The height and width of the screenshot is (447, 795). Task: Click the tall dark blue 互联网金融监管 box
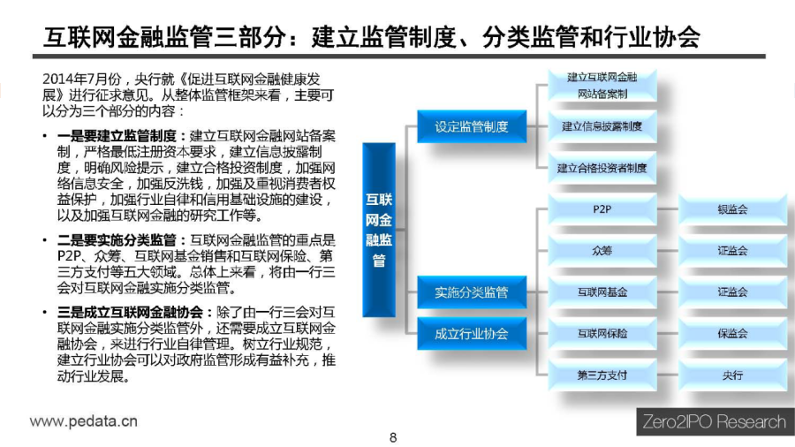coord(379,230)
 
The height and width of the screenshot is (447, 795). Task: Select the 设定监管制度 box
coord(472,126)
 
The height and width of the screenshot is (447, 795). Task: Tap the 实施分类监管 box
coord(472,292)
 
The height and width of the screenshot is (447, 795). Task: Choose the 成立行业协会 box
coord(472,333)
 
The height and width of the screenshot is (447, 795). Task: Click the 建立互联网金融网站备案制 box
coord(602,85)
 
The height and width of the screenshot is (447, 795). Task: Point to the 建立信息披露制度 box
coord(602,126)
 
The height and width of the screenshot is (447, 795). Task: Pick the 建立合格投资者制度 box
coord(602,168)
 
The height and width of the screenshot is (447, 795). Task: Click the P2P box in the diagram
coord(602,209)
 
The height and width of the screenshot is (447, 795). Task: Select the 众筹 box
coord(602,250)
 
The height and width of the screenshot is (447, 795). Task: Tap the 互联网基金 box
coord(602,292)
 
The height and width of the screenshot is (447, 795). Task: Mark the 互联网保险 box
coord(602,333)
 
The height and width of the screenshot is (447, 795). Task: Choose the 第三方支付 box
coord(602,375)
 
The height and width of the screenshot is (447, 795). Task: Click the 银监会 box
coord(732,209)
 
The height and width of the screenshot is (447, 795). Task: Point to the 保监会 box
coord(732,333)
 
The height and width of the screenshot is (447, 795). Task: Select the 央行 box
coord(732,375)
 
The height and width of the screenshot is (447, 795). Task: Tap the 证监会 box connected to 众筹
coord(732,250)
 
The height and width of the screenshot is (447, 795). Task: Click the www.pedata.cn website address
coord(84,421)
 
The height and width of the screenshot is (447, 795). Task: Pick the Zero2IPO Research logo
coord(715,421)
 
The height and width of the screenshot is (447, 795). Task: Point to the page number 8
coord(393,437)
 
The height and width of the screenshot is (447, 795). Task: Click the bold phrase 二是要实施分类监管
coord(117,239)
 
